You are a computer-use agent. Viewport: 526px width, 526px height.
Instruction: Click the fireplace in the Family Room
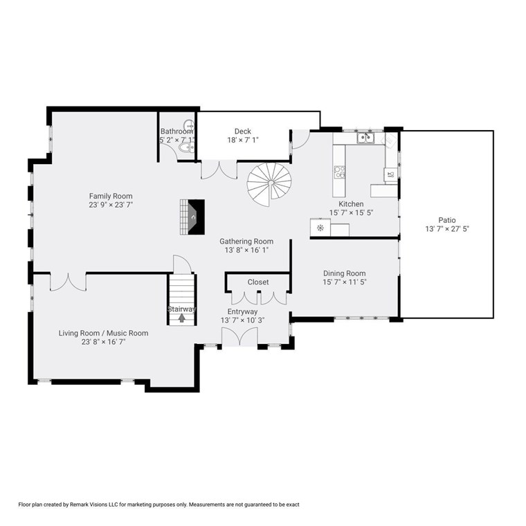[x=192, y=217]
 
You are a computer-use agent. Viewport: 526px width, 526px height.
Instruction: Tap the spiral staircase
[x=269, y=185]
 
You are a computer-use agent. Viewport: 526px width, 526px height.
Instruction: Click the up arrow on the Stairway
[x=181, y=318]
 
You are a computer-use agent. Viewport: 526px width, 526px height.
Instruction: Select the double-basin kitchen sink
[x=365, y=138]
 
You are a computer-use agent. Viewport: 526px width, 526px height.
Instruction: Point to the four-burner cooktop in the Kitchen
[x=339, y=172]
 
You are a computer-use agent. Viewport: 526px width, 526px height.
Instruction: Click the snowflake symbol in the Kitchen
[x=320, y=228]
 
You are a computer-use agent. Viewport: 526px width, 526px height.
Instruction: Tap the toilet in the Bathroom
[x=186, y=147]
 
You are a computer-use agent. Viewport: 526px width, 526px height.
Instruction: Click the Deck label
[x=242, y=131]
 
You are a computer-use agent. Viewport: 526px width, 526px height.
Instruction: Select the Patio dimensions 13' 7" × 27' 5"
[x=447, y=229]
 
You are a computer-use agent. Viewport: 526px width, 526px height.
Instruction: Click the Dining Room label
[x=344, y=273]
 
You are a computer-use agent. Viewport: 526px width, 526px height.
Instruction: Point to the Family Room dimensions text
[x=111, y=205]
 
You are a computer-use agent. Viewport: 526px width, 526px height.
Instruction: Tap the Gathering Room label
[x=246, y=241]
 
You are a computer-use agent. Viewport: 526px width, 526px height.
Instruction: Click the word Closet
[x=258, y=282]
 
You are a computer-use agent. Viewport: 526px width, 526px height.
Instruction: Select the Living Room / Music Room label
[x=103, y=333]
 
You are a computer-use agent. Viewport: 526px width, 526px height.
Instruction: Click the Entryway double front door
[x=239, y=336]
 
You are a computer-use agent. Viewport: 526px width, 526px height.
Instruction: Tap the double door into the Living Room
[x=68, y=282]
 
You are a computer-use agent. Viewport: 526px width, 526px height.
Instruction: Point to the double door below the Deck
[x=219, y=170]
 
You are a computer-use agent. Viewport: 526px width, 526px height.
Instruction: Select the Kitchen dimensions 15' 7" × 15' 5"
[x=351, y=212]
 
